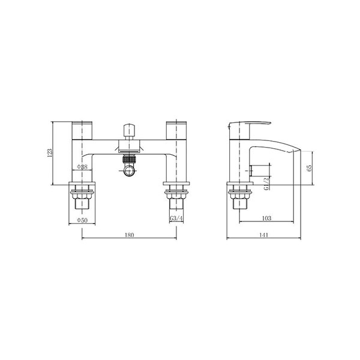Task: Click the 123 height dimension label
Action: coord(50,153)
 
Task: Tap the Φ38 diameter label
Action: coord(82,167)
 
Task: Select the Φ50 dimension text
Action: coord(82,220)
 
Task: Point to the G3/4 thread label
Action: coord(176,218)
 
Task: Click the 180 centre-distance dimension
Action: coord(129,235)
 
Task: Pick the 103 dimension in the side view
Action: coord(266,218)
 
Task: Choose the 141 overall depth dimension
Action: coord(264,235)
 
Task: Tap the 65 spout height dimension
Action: coord(309,168)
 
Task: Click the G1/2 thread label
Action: coord(266,184)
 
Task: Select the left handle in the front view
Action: coord(82,130)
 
